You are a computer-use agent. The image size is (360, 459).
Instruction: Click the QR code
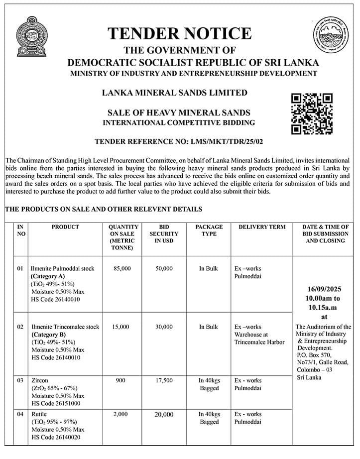312,114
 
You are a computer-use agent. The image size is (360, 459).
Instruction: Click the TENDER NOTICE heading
179,33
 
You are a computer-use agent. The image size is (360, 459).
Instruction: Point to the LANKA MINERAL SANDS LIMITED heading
174,93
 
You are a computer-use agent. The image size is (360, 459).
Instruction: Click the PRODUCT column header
65,227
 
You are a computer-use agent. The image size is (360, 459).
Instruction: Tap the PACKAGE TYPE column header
209,230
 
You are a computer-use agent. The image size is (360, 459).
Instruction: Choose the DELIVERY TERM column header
262,227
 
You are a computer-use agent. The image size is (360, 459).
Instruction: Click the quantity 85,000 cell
122,268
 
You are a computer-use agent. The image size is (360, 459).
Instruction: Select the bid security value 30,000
164,327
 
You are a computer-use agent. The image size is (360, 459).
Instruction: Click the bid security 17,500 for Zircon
164,380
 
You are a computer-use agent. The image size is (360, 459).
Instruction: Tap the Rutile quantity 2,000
122,414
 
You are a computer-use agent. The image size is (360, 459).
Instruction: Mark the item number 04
20,414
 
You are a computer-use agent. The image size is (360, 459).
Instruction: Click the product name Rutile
39,414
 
